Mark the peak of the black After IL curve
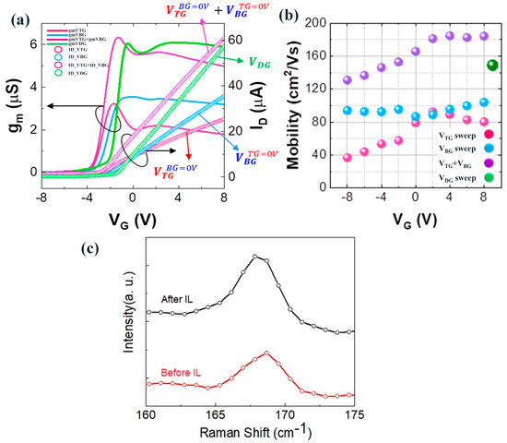256,256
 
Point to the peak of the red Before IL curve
266,353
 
